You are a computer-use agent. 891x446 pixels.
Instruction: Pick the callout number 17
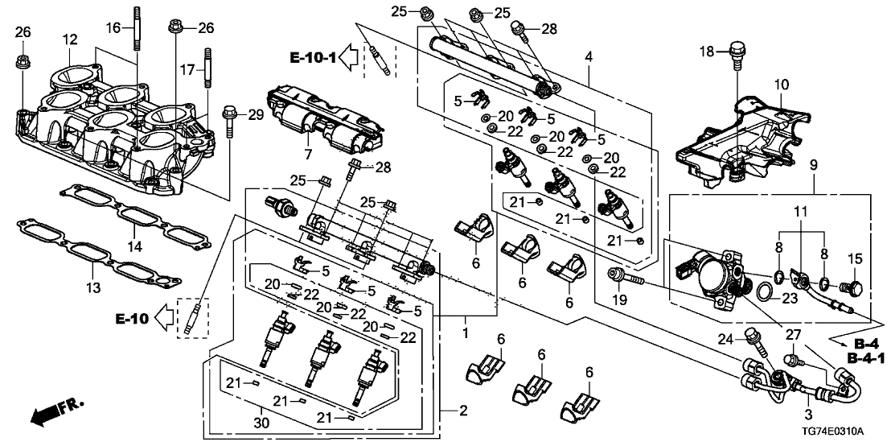187,70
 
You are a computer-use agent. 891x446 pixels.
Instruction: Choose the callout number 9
813,165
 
